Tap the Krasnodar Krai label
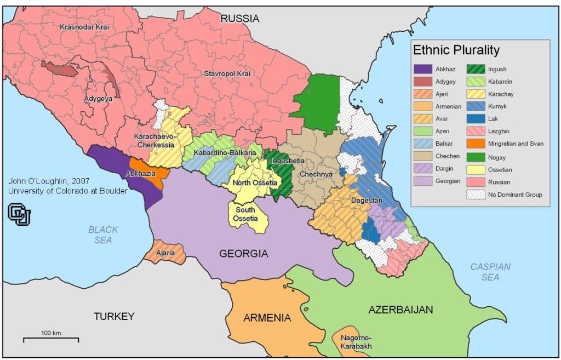click(85, 26)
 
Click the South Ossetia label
click(245, 214)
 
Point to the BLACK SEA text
click(103, 235)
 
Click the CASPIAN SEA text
click(490, 272)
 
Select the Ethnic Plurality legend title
click(456, 50)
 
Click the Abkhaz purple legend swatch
click(423, 70)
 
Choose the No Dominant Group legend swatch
click(475, 194)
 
